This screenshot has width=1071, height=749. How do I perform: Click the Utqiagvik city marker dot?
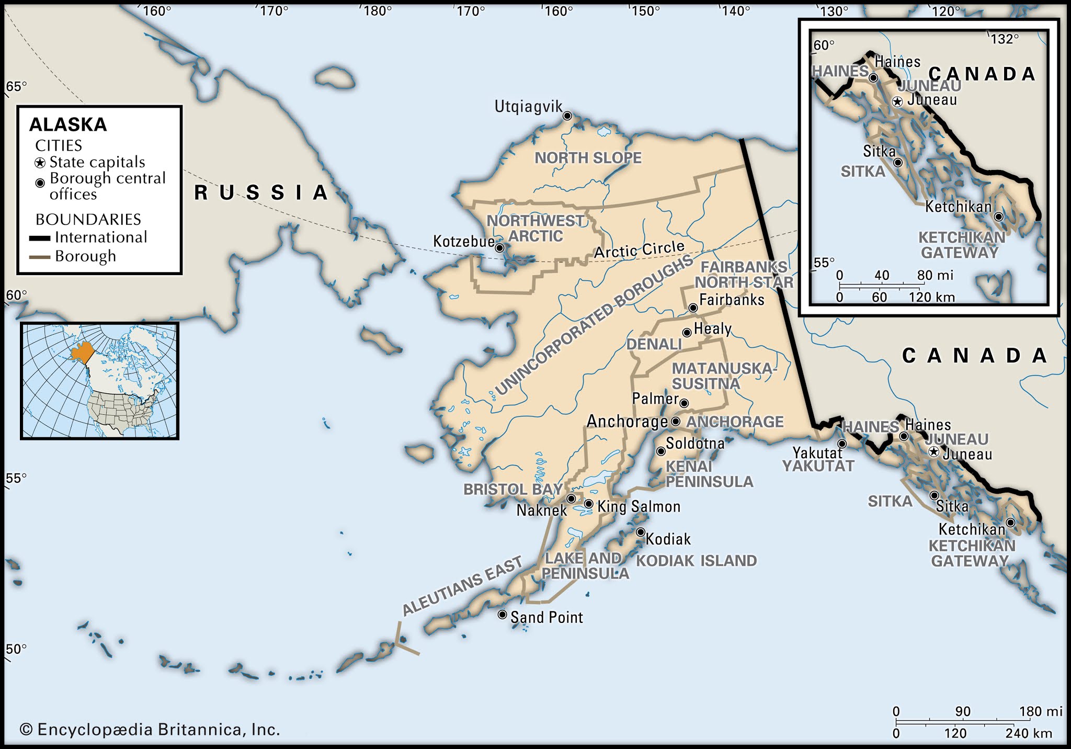tap(567, 116)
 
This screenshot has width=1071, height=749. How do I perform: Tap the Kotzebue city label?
tap(463, 242)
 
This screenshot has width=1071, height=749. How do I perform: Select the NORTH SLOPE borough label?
tap(588, 158)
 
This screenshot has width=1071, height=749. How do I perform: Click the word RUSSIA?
tap(261, 193)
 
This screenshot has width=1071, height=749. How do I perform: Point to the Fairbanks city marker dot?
tap(693, 308)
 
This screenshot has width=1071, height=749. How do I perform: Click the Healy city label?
tap(712, 329)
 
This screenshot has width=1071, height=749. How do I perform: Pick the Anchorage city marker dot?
tap(675, 422)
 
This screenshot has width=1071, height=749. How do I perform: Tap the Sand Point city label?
tap(546, 618)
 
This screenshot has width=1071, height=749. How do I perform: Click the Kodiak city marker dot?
tap(641, 532)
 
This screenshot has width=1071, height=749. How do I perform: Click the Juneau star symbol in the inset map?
tap(897, 102)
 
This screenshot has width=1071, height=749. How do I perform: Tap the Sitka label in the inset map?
tap(879, 152)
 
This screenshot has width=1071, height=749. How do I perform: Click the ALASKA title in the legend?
tap(68, 124)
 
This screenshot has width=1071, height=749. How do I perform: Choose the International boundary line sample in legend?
tap(40, 239)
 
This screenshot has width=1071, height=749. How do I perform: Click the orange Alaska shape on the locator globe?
tap(82, 354)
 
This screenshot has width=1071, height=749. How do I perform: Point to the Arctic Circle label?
tap(639, 250)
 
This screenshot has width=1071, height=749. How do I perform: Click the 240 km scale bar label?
tap(1028, 733)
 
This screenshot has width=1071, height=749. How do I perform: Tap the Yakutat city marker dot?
tap(842, 444)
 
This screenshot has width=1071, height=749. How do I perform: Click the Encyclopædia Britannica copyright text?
tap(150, 730)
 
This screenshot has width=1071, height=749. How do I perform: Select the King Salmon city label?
tap(639, 506)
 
